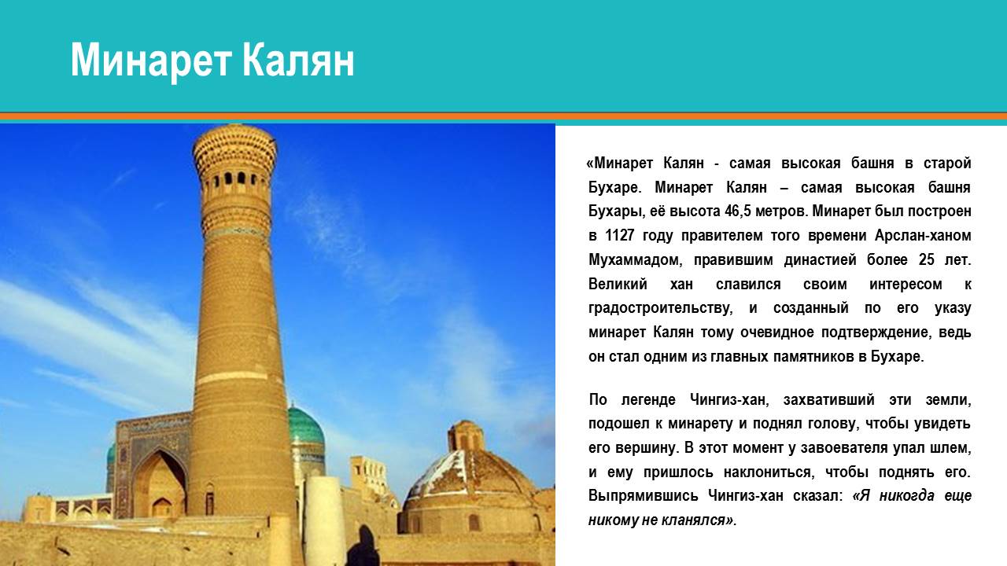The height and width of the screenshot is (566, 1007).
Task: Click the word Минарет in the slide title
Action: (152, 61)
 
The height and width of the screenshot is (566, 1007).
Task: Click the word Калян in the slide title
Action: (298, 61)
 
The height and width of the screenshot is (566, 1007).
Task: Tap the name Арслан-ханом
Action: (923, 235)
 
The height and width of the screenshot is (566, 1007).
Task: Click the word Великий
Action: (618, 284)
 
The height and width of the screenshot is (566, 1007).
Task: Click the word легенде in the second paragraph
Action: (648, 399)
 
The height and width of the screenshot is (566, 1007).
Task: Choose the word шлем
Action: (953, 448)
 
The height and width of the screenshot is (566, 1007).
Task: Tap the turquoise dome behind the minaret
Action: (306, 427)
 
